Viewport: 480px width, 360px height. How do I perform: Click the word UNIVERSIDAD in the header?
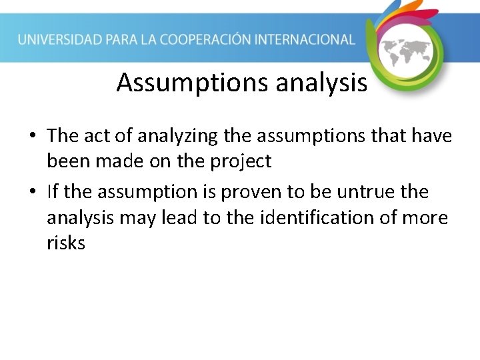[x=59, y=39]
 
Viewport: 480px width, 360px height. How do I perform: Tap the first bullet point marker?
[x=32, y=137]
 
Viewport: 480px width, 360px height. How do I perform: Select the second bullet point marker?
[x=32, y=193]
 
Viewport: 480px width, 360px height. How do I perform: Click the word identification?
[x=314, y=217]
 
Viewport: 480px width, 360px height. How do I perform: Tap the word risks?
[x=66, y=243]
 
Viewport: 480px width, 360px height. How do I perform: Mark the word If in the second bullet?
[x=53, y=192]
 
